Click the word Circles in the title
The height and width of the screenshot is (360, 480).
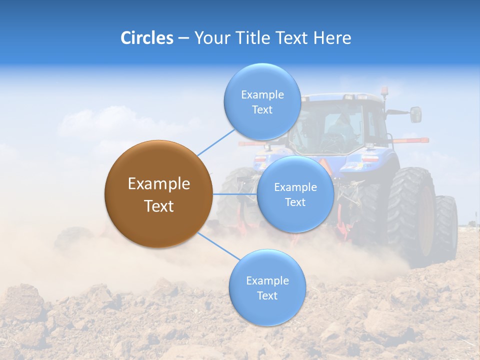(x=147, y=38)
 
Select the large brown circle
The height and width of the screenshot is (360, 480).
(x=158, y=194)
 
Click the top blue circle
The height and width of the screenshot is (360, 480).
(x=262, y=102)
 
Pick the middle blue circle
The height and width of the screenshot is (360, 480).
(x=295, y=194)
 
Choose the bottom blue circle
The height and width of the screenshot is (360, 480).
(x=267, y=288)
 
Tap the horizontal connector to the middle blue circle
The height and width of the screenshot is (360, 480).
(x=234, y=194)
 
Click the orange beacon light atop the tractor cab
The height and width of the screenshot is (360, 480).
(x=385, y=91)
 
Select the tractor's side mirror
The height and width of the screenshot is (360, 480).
(x=415, y=114)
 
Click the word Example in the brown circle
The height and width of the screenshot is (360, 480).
(x=158, y=184)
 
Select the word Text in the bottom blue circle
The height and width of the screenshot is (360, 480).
(x=267, y=296)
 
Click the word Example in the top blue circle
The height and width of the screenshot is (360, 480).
(x=262, y=94)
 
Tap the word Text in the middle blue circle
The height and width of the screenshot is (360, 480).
(x=295, y=202)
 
